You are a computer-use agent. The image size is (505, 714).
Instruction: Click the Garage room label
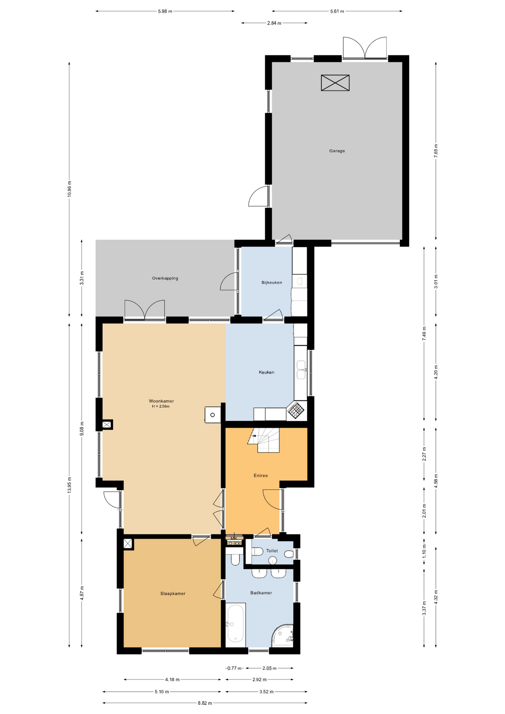(337, 151)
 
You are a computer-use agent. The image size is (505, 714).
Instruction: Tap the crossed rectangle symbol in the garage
(335, 83)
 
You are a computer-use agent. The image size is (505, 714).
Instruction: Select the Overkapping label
(165, 278)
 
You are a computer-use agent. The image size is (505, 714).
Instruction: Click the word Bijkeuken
(271, 283)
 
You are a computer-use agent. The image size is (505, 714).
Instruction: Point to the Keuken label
(266, 372)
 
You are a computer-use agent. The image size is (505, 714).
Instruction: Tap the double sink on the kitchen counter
(301, 370)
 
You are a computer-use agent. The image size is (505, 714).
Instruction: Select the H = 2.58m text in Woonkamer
(161, 406)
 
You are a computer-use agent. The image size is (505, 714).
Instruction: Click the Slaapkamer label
(173, 594)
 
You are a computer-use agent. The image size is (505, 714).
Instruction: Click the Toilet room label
(272, 551)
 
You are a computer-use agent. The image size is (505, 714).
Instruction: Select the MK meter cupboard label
(234, 538)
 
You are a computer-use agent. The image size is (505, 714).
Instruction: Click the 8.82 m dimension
(205, 703)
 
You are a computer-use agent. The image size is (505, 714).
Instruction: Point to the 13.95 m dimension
(70, 485)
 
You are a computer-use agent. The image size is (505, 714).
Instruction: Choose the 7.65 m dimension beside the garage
(436, 151)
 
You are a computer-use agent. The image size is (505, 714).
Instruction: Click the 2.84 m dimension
(274, 23)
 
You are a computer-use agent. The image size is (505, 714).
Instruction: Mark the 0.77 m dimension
(234, 668)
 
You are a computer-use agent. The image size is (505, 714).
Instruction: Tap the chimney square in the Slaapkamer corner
(128, 544)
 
